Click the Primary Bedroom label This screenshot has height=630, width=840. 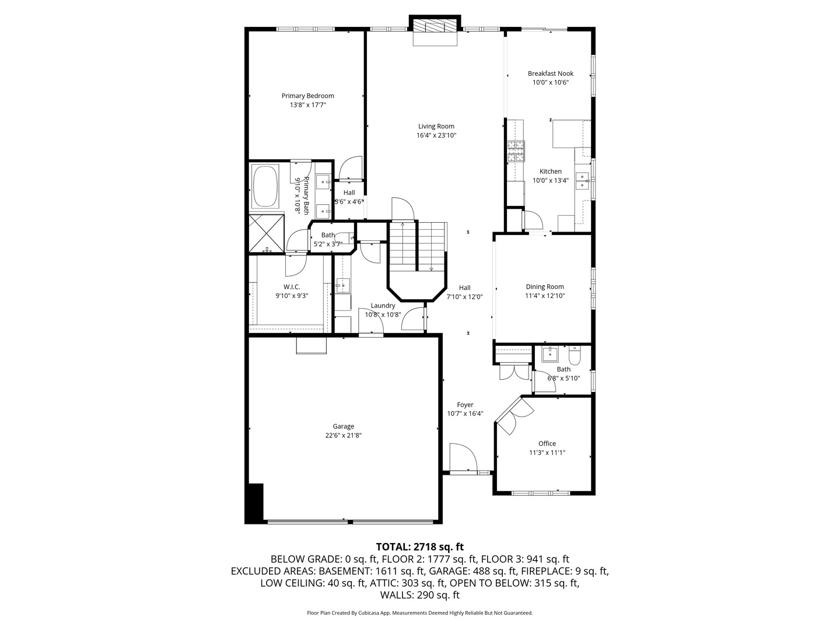pyautogui.click(x=307, y=96)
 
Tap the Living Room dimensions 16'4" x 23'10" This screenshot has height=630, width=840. pyautogui.click(x=436, y=135)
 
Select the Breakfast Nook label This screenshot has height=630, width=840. pyautogui.click(x=550, y=73)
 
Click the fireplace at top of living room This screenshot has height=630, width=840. pyautogui.click(x=435, y=31)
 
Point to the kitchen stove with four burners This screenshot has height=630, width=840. pyautogui.click(x=516, y=152)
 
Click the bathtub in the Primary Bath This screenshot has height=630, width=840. pyautogui.click(x=265, y=187)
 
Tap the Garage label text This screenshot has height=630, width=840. pyautogui.click(x=344, y=426)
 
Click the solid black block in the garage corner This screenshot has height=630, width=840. pyautogui.click(x=255, y=503)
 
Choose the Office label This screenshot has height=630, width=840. pyautogui.click(x=547, y=443)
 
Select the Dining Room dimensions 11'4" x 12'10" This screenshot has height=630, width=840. pyautogui.click(x=545, y=296)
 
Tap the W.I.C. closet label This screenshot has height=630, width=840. pyautogui.click(x=292, y=286)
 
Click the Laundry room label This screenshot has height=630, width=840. pyautogui.click(x=383, y=306)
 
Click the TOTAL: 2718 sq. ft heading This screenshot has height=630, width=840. pyautogui.click(x=419, y=547)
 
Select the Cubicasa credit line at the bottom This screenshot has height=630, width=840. pyautogui.click(x=419, y=613)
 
